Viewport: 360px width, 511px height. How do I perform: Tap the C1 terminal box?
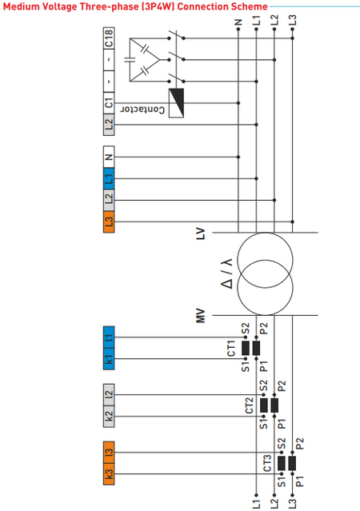tap(110, 103)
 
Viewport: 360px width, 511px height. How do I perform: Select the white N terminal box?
tap(110, 156)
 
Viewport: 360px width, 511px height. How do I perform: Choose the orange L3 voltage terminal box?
tap(110, 222)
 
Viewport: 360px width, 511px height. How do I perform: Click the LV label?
tap(201, 233)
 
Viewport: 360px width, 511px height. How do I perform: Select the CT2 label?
tap(249, 405)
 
